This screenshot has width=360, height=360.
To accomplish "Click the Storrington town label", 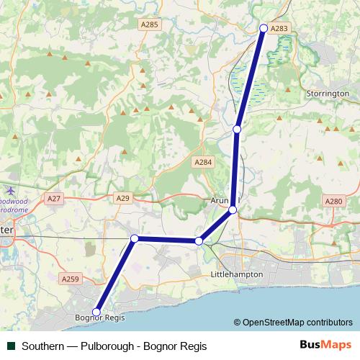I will [328, 94].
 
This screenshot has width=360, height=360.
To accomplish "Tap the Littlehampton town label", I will [235, 275].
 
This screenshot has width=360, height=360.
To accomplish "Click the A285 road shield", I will [149, 24].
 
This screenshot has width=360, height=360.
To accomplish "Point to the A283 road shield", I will [281, 28].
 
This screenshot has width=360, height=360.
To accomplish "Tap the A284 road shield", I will [204, 163].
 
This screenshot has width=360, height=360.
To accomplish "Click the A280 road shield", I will [333, 202].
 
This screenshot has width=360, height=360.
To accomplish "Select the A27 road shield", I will [53, 197].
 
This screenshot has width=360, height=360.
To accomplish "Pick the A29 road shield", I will [122, 197].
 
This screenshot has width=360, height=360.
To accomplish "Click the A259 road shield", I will [71, 279].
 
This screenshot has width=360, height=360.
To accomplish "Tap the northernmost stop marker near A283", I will [264, 28].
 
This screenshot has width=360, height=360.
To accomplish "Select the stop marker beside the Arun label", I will [233, 210].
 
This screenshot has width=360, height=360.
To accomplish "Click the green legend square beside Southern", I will [12, 345].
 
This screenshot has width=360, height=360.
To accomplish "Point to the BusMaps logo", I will [325, 344].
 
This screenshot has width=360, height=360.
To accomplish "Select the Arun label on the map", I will [219, 200].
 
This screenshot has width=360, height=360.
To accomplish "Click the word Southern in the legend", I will [45, 345].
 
